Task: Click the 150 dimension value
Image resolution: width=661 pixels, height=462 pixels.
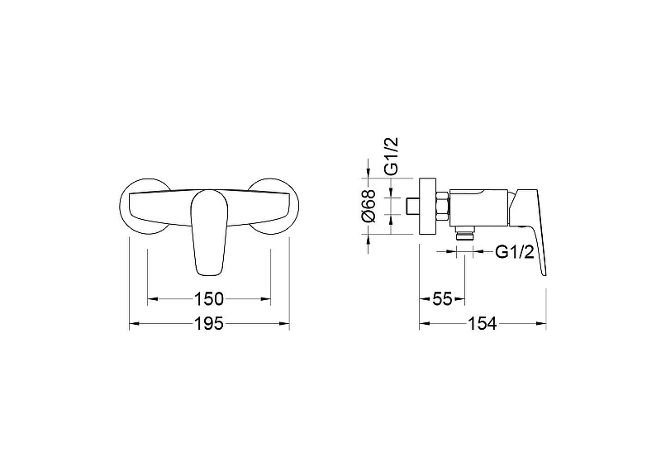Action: tap(209, 299)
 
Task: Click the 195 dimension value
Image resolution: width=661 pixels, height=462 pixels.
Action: tap(209, 324)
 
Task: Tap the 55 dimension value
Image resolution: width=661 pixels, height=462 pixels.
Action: tap(442, 299)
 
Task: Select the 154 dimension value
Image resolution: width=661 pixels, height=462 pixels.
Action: tap(483, 324)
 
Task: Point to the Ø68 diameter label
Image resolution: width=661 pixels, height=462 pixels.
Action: tap(369, 206)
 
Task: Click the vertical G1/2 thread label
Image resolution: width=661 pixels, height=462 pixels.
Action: tap(391, 155)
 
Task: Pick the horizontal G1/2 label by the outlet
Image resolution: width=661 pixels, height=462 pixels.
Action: tap(515, 252)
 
